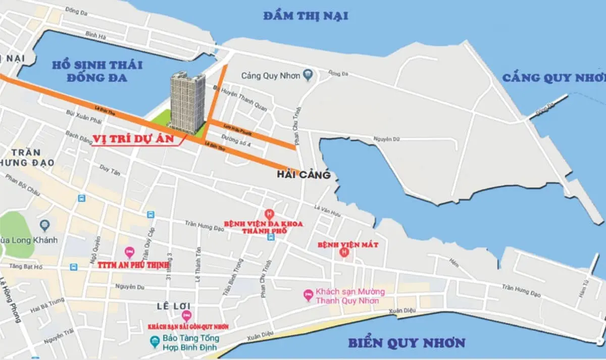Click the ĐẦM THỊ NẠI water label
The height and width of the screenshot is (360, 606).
coord(306,16)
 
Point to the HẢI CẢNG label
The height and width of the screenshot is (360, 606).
coord(304,175)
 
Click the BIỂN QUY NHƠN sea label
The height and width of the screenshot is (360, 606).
coord(406,343)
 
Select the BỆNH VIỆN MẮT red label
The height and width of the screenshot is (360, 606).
coord(347,244)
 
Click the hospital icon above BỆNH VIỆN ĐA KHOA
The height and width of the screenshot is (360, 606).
coord(269,214)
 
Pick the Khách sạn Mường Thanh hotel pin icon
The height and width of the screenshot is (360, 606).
coord(308,295)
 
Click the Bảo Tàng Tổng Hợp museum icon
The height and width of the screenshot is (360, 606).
coord(155,342)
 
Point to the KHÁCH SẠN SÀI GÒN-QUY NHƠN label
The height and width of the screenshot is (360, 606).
coord(188,327)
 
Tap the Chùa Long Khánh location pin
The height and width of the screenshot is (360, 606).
coord(45,224)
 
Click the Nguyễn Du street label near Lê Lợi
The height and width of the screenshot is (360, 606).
coord(129,287)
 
